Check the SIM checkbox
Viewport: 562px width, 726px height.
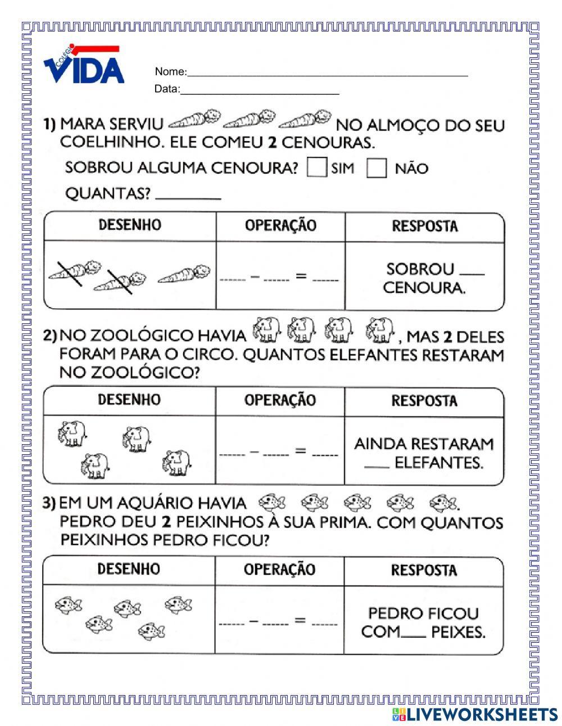point(317,168)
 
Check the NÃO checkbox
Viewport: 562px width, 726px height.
point(377,168)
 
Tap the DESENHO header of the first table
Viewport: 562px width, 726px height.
point(130,226)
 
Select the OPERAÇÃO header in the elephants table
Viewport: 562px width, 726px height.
point(280,400)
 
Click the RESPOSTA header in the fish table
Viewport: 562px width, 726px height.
point(424,570)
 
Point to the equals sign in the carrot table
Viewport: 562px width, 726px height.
point(301,276)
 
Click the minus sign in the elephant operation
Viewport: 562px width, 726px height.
point(253,451)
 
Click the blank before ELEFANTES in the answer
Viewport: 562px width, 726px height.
point(376,465)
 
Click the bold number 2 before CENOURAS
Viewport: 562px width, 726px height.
point(272,142)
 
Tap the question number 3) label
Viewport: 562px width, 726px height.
point(49,503)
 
